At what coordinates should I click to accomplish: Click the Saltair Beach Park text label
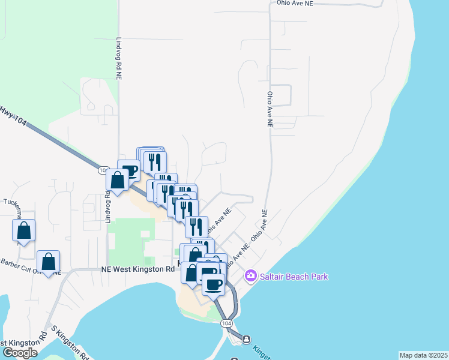click(294, 277)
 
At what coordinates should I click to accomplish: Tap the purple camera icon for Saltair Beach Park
click(251, 277)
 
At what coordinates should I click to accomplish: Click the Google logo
click(20, 352)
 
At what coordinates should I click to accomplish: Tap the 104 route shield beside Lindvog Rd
click(102, 171)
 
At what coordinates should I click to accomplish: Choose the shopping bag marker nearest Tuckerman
click(23, 230)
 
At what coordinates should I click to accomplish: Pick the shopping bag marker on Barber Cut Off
click(49, 262)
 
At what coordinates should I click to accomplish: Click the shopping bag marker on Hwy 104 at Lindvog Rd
click(117, 179)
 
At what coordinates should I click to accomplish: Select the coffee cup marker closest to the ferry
click(214, 284)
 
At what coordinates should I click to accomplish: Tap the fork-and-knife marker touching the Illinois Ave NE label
click(196, 227)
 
